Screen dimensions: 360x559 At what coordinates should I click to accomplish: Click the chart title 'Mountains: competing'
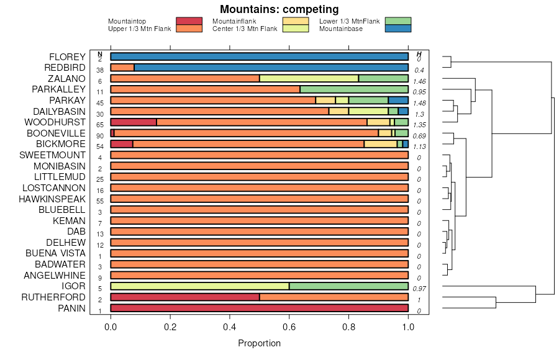coord(279,9)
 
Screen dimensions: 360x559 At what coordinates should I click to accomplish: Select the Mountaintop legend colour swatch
coord(189,21)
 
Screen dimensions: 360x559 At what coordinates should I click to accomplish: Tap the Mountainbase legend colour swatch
coord(398,29)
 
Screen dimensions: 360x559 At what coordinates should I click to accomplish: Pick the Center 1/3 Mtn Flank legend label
coord(245,29)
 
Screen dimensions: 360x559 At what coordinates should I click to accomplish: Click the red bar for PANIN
coord(259,308)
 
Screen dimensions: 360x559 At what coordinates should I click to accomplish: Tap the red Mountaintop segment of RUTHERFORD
coord(185,297)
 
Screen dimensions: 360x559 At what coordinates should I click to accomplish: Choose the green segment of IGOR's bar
coord(348,286)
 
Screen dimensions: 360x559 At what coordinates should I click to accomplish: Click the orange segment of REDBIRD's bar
coord(122,68)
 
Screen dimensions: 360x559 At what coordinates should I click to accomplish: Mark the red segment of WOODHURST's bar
coord(134,122)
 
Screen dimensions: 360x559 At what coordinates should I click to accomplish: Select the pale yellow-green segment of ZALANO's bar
coord(309,79)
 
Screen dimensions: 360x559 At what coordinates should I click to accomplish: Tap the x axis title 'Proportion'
coord(259,343)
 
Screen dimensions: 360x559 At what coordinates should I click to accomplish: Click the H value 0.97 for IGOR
coord(419,289)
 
